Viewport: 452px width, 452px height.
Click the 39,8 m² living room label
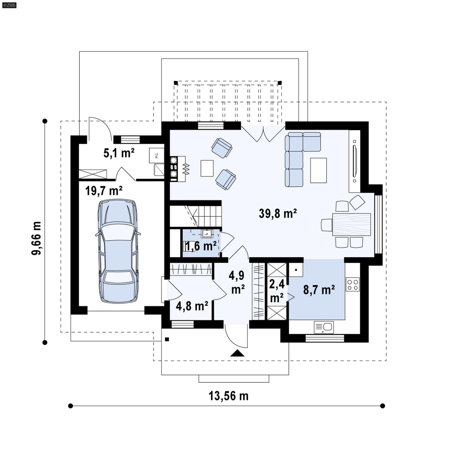278,214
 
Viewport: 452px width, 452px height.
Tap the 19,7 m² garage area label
104,191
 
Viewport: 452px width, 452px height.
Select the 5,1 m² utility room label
119,153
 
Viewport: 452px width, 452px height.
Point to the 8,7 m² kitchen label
319,290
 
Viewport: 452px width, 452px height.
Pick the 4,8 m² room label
192,306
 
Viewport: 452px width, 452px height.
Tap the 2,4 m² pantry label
277,291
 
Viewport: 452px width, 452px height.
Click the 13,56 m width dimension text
228,396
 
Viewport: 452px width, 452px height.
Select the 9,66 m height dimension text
36,238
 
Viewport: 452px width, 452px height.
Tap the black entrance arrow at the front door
237,353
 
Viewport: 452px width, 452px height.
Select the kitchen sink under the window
324,327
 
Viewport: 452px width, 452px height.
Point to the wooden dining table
351,224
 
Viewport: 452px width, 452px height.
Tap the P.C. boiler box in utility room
156,155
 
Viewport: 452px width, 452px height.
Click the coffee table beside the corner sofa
318,170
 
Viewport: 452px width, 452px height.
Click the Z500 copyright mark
9,5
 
